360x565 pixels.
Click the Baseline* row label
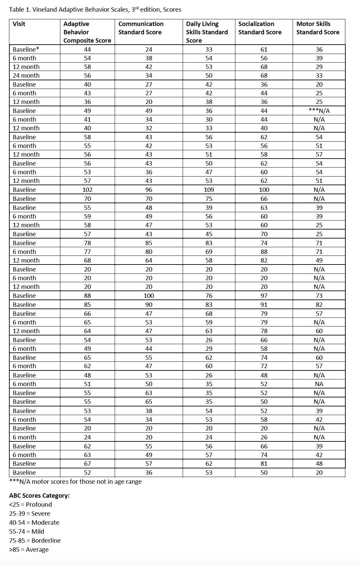click(26, 49)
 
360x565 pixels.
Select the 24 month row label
click(26, 76)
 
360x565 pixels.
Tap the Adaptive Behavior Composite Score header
click(87, 32)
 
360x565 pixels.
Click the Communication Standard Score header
click(141, 28)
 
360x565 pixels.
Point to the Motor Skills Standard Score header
click(318, 28)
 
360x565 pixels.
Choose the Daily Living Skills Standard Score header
click(207, 32)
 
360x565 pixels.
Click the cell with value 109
click(209, 190)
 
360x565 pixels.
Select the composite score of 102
click(87, 190)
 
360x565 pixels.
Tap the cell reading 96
click(149, 190)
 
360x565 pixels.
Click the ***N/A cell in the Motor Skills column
click(319, 111)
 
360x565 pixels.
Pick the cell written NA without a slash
click(319, 384)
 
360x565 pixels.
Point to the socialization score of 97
click(264, 295)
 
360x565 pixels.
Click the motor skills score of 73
click(319, 295)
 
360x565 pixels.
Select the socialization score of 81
click(264, 463)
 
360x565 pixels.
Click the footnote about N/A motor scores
click(75, 481)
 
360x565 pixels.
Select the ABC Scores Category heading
click(39, 495)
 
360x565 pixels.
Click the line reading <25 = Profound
click(30, 504)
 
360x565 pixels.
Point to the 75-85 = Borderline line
click(35, 540)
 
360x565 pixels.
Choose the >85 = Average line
click(29, 549)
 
